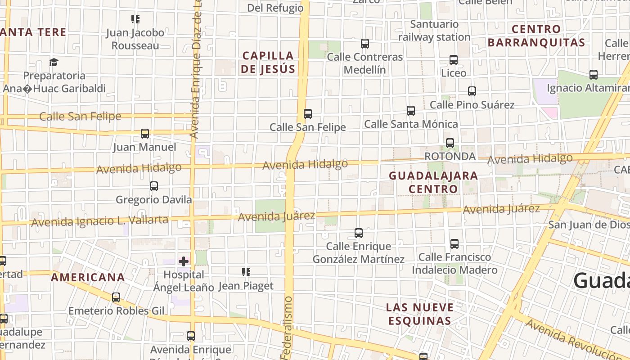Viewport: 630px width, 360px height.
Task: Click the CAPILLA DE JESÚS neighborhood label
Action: pos(269,62)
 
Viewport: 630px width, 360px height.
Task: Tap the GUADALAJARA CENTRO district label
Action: pos(433,182)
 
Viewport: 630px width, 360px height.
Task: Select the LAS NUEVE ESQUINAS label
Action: pos(420,314)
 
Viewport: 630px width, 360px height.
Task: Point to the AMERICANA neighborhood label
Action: pos(88,277)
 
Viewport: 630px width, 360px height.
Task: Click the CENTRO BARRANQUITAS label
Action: pos(536,36)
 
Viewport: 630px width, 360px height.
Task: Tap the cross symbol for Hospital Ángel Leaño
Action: pos(184,261)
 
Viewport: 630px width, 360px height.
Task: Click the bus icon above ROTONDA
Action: pos(450,143)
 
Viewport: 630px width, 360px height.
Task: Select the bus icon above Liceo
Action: pos(454,60)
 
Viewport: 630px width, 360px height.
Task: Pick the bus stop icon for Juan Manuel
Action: pos(145,134)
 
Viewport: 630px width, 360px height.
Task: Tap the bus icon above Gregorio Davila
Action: pos(154,186)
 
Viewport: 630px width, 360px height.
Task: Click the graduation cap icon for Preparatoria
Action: pos(54,62)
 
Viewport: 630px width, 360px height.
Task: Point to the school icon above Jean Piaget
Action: pos(246,272)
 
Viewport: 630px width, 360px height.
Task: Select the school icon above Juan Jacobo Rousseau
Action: pos(135,19)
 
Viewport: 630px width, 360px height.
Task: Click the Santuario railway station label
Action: pos(434,31)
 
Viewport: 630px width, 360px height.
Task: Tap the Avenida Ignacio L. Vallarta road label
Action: pos(100,221)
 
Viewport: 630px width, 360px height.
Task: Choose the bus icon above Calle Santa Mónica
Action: pos(411,111)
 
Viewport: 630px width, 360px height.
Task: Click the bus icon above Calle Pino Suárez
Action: pos(472,91)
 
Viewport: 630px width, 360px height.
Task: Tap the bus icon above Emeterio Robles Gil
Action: pos(116,297)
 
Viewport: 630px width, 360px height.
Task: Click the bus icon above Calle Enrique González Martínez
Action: pos(359,233)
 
